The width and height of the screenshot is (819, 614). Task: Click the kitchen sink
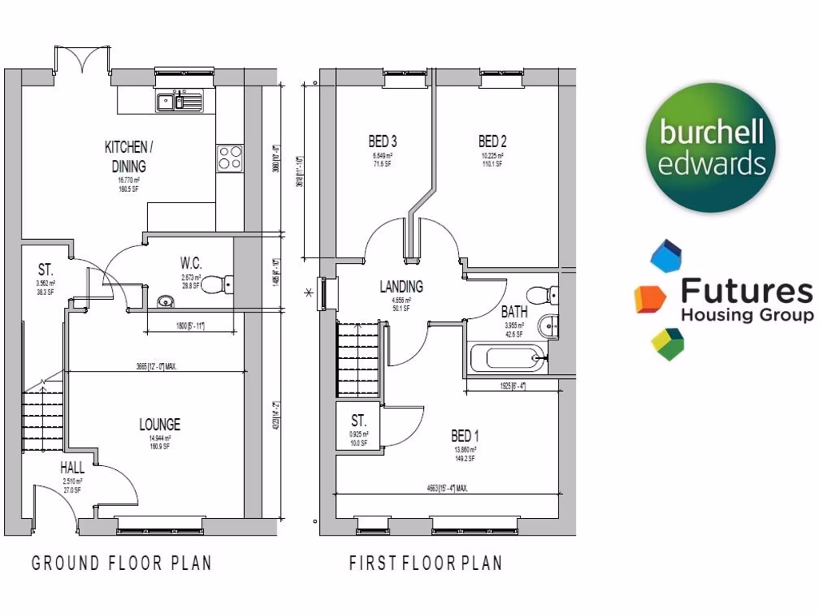click(180, 101)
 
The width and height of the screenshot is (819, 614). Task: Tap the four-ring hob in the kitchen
click(230, 157)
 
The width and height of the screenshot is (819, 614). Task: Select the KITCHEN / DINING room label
click(126, 157)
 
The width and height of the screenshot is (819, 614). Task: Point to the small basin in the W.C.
click(166, 301)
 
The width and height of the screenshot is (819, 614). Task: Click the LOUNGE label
click(159, 425)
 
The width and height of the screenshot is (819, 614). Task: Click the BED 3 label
click(383, 142)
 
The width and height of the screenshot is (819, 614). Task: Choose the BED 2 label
click(493, 142)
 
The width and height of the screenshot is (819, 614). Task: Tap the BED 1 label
click(465, 436)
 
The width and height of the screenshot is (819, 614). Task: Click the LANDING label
click(401, 286)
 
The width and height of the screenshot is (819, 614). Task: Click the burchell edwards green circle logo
click(711, 150)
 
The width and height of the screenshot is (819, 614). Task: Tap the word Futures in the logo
click(747, 292)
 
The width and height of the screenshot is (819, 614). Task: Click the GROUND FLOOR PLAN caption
click(122, 563)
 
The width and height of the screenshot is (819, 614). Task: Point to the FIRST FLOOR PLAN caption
click(425, 563)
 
